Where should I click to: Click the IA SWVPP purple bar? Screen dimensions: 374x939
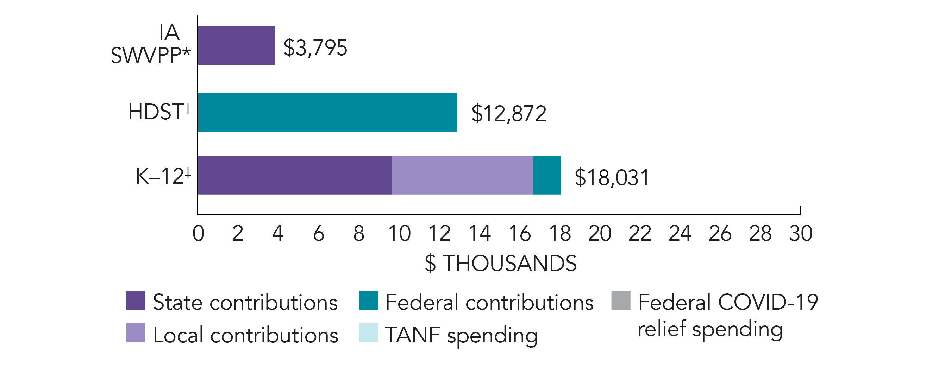click(236, 45)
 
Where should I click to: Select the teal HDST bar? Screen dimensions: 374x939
click(327, 112)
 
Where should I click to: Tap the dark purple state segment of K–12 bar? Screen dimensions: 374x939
click(295, 175)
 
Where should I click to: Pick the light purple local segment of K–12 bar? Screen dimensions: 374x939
click(462, 175)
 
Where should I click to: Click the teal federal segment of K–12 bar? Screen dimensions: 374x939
click(546, 175)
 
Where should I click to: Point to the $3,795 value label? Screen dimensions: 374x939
click(315, 48)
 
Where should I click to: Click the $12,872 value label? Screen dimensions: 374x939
click(508, 113)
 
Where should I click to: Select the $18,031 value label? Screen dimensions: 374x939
click(612, 178)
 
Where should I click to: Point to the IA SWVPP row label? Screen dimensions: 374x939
click(151, 44)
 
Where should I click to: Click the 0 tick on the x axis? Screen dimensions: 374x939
click(198, 233)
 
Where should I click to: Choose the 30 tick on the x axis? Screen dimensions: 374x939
click(801, 233)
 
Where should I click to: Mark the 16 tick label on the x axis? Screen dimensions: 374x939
click(519, 233)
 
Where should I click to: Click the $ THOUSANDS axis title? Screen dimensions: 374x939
click(501, 263)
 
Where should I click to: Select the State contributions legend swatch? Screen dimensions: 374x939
click(136, 300)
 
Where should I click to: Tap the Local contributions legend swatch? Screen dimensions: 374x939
click(136, 333)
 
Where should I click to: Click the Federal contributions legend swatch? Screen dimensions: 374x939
click(368, 300)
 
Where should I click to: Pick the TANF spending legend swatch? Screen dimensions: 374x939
click(368, 333)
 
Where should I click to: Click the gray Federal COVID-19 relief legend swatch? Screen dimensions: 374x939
click(621, 300)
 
